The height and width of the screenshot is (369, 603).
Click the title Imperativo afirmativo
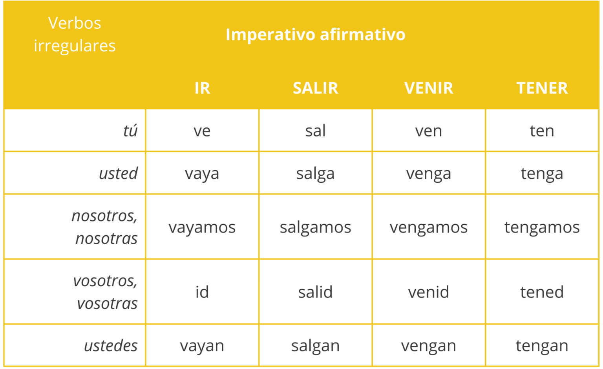click(315, 35)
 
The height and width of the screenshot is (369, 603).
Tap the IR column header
click(202, 88)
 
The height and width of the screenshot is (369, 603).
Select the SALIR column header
click(315, 88)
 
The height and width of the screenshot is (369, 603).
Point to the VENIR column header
click(429, 88)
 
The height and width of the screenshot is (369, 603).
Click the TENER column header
click(542, 88)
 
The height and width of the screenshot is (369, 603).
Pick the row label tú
click(130, 131)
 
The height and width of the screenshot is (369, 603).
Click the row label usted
click(118, 173)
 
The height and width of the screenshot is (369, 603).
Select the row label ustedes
click(111, 346)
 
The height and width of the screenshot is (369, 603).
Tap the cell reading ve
click(202, 131)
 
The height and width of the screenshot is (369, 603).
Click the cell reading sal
click(315, 131)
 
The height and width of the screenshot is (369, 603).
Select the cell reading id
click(202, 292)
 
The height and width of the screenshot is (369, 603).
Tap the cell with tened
click(542, 292)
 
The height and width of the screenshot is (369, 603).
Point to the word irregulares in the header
click(75, 46)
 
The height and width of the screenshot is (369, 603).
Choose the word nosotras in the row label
click(106, 238)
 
